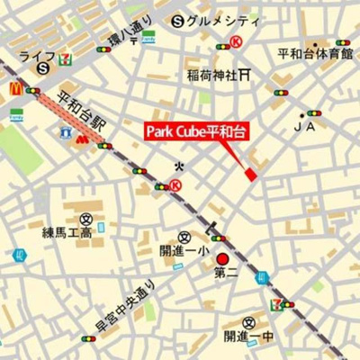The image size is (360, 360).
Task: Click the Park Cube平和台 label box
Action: (x=196, y=132)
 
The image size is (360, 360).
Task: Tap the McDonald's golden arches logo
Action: (x=15, y=88)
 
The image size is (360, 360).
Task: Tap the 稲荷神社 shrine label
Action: (x=212, y=75)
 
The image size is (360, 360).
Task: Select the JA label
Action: (x=312, y=128)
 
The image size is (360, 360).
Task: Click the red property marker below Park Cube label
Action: (x=251, y=172)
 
